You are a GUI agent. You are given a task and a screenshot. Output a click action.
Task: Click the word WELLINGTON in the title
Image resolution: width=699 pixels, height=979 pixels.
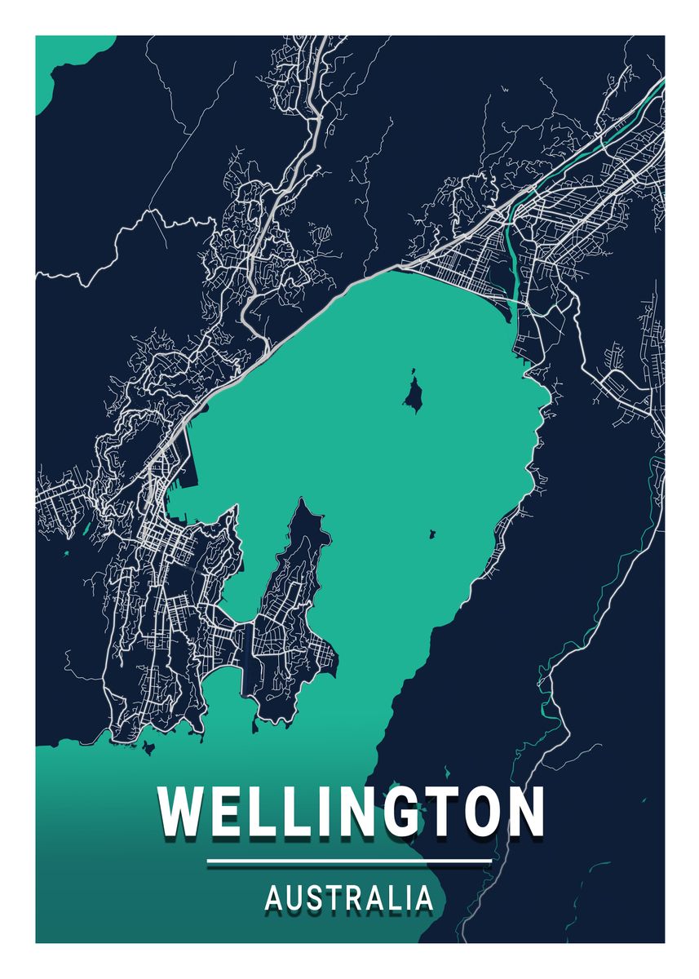click(x=351, y=811)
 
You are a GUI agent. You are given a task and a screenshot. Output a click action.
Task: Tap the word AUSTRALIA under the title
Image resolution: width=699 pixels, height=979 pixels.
click(x=349, y=898)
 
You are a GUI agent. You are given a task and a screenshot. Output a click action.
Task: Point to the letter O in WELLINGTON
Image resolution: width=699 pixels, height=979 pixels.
click(x=480, y=811)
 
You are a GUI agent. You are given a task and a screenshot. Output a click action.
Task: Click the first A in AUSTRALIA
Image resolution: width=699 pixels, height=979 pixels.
click(x=274, y=898)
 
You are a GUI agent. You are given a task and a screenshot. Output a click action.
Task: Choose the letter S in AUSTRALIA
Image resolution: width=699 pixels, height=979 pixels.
click(x=314, y=898)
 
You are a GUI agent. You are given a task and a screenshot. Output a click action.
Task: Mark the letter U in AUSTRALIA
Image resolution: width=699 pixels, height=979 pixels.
click(x=294, y=898)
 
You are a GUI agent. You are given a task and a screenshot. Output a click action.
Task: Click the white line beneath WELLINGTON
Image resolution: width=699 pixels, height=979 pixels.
click(x=349, y=861)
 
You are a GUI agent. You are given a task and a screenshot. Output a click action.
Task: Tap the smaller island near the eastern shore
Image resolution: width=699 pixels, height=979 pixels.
click(x=431, y=534)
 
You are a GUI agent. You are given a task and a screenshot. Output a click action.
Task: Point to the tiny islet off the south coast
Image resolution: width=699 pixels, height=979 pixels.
click(x=148, y=746)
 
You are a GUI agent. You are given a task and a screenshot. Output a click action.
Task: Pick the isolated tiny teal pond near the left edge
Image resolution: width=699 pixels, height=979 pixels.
click(x=65, y=555)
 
